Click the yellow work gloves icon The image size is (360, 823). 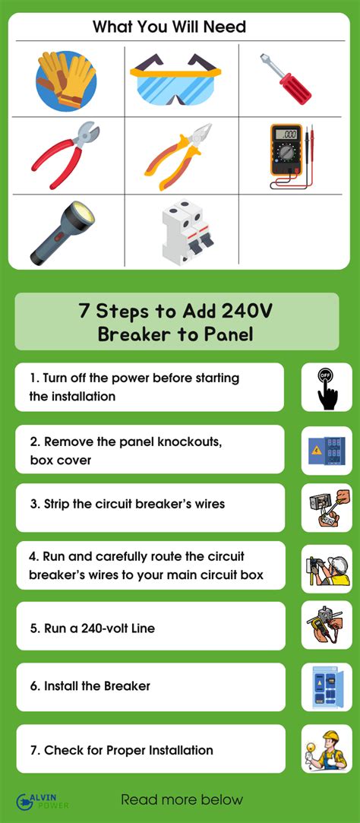coord(66,80)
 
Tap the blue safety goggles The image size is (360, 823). coord(175,79)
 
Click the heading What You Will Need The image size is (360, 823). coord(169,27)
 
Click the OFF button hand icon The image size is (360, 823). coord(327,388)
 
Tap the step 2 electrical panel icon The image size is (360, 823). coord(327,450)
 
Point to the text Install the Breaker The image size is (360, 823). coord(97,686)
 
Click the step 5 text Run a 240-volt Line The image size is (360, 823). coord(93,628)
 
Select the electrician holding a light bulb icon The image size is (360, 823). coord(327,749)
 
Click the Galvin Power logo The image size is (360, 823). coord(43,801)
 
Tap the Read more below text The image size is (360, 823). coord(182,800)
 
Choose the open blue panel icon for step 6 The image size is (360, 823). coord(327,687)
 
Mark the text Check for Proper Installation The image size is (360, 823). coord(122,750)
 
